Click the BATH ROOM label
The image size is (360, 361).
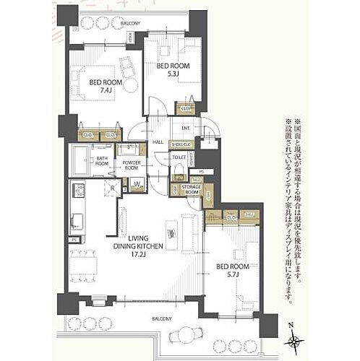pos(102,160)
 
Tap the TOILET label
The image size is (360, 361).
pos(179,157)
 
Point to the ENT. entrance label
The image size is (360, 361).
pos(185,128)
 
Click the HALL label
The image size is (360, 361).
pos(158,142)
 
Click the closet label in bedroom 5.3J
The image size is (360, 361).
pos(185,109)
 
